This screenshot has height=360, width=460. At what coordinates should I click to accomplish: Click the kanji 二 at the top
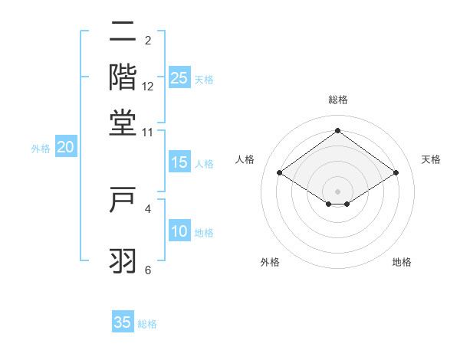click(x=123, y=32)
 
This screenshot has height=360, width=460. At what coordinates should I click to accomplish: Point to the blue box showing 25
click(x=179, y=78)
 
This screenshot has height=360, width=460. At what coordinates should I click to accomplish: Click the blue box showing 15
click(x=179, y=162)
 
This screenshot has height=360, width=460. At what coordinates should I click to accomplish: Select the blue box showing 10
click(x=179, y=232)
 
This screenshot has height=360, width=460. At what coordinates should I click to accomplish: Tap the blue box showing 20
click(x=65, y=148)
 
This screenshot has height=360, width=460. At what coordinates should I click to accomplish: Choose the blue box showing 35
click(x=123, y=322)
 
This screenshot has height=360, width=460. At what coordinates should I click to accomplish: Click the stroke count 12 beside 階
click(x=148, y=87)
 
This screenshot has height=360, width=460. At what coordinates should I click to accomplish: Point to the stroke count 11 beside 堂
click(x=148, y=132)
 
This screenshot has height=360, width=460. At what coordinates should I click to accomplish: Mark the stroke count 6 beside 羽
click(x=148, y=270)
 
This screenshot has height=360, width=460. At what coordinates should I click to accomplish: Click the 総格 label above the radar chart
click(x=338, y=100)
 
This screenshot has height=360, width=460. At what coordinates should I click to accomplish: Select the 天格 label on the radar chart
click(x=431, y=159)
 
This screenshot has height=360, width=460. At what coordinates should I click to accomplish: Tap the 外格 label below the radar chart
click(x=270, y=262)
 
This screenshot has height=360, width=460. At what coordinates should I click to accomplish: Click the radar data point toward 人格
click(x=280, y=173)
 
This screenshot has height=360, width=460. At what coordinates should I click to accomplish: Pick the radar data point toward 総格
click(x=338, y=131)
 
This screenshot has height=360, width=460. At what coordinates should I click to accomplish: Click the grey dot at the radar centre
click(x=338, y=191)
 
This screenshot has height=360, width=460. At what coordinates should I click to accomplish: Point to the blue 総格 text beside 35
click(x=148, y=324)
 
